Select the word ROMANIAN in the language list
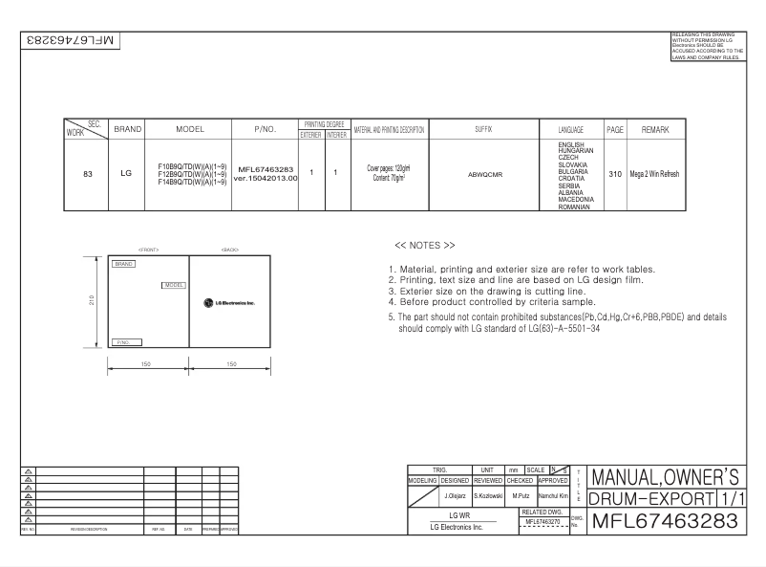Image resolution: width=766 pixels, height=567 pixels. [573, 206]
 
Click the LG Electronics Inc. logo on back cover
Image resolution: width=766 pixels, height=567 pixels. [229, 302]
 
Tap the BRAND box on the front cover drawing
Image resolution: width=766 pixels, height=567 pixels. [122, 263]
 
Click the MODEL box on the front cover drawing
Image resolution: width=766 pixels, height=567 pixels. [174, 285]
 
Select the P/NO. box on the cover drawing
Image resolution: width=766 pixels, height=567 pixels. [127, 340]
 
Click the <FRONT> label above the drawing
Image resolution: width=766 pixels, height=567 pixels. [148, 250]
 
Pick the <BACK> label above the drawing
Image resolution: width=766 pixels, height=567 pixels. [229, 250]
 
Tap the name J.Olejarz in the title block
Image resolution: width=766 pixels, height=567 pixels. [456, 496]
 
